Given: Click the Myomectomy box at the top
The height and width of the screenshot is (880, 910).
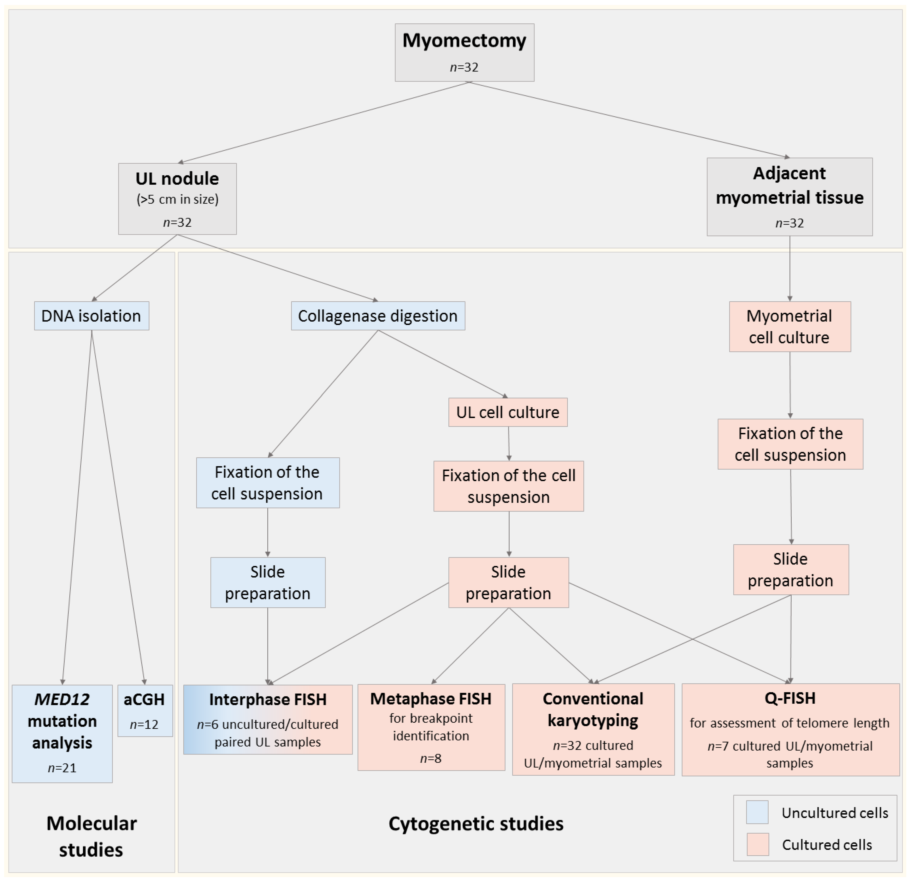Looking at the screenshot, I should click(464, 52).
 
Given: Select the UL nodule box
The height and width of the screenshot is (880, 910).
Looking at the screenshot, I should click(177, 199).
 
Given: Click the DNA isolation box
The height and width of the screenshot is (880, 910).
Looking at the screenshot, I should click(91, 316).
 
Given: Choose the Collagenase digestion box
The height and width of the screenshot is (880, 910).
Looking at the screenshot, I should click(378, 316).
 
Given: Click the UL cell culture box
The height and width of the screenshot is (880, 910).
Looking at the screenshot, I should click(508, 412).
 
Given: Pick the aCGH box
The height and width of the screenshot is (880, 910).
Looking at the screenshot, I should click(145, 710).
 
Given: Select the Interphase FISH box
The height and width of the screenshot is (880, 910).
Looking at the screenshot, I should click(268, 719).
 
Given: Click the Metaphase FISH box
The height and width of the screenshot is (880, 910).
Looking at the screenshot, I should click(431, 727).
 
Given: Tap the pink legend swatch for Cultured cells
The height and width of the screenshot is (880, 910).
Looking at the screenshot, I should click(757, 844).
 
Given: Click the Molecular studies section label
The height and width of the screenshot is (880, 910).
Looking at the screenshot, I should click(91, 836).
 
